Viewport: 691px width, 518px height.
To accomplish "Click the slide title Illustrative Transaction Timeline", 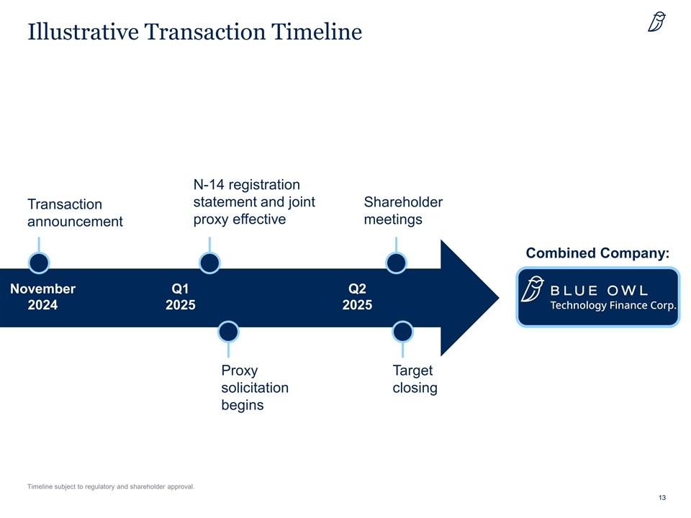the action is pyautogui.click(x=195, y=32).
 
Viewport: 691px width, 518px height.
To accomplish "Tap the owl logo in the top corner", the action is pyautogui.click(x=656, y=22).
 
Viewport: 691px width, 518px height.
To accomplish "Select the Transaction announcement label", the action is pyautogui.click(x=75, y=213).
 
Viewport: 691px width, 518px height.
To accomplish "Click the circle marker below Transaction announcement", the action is pyautogui.click(x=39, y=263).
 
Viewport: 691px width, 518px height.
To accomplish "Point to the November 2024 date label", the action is pyautogui.click(x=42, y=296).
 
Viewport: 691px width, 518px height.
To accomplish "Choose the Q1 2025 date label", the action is pyautogui.click(x=180, y=296).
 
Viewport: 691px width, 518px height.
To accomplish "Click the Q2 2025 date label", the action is pyautogui.click(x=357, y=296).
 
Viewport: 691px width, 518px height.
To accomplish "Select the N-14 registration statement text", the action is pyautogui.click(x=254, y=201).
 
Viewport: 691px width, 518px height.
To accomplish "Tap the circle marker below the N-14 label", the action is pyautogui.click(x=209, y=263).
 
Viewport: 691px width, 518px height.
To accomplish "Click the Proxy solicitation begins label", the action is pyautogui.click(x=255, y=388).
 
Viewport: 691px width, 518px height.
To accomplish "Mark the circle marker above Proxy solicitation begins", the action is pyautogui.click(x=228, y=332).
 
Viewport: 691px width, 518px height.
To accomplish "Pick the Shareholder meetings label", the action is pyautogui.click(x=403, y=211).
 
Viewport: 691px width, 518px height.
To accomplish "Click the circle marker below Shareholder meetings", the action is pyautogui.click(x=396, y=263).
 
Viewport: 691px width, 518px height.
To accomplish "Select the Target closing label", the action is pyautogui.click(x=415, y=379).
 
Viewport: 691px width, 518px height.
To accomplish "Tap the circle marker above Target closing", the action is pyautogui.click(x=402, y=332).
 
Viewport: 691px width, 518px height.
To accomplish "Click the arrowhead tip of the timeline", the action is pyautogui.click(x=499, y=298).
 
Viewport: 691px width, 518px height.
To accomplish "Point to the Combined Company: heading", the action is pyautogui.click(x=597, y=253).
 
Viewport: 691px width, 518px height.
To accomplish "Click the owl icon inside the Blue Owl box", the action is pyautogui.click(x=533, y=289).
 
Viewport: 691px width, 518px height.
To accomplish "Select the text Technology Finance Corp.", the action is pyautogui.click(x=613, y=305).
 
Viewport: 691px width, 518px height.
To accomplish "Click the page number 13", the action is pyautogui.click(x=662, y=498).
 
